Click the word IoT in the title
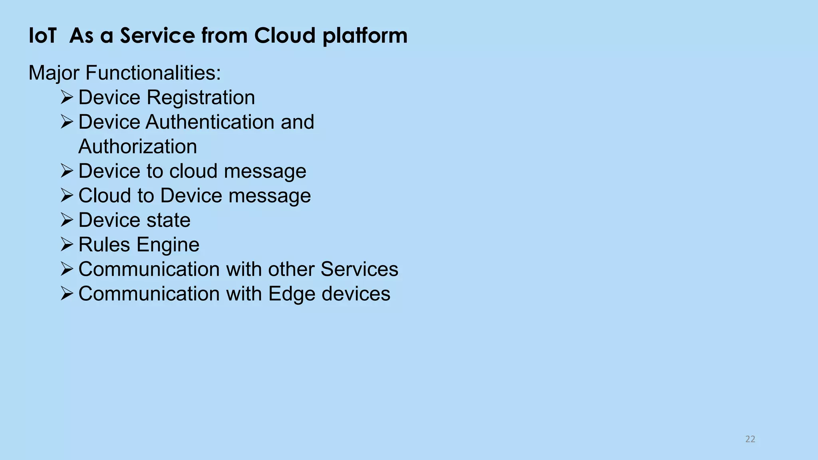(x=42, y=36)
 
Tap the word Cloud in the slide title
(x=285, y=36)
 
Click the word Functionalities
(x=153, y=73)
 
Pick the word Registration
(x=201, y=97)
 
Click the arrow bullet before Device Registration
(x=67, y=97)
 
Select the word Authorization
(x=138, y=147)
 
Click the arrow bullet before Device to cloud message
(x=67, y=171)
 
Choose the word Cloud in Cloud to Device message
(x=105, y=196)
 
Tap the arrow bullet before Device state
(x=67, y=220)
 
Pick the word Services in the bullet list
(x=359, y=269)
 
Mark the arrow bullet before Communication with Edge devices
(x=67, y=293)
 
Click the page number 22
(x=750, y=439)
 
